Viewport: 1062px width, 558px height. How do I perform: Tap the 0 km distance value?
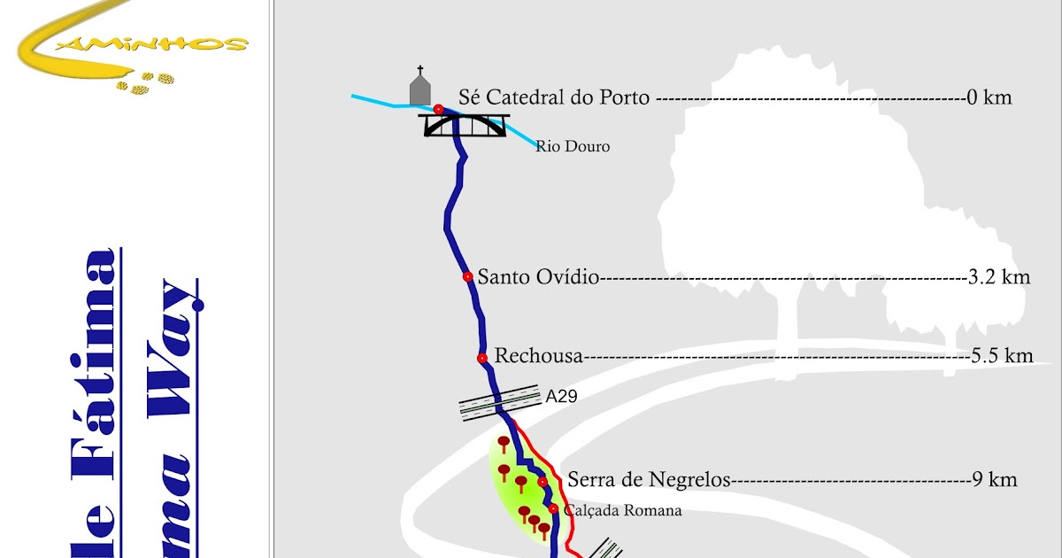tap(989, 97)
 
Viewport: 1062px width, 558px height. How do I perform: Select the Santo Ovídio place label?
tap(539, 277)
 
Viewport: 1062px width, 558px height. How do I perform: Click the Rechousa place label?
tap(539, 356)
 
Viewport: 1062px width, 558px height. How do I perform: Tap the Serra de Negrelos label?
tap(649, 480)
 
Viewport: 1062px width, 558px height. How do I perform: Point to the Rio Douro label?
tap(573, 146)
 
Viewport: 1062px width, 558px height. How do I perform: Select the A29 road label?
tap(561, 397)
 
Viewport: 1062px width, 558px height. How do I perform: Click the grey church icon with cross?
tap(420, 86)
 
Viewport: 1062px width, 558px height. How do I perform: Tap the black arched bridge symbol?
tap(464, 125)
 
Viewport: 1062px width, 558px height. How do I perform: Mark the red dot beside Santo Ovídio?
tap(467, 277)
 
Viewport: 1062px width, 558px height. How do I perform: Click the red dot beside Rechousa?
tap(482, 358)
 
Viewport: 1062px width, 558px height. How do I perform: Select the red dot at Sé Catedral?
tap(438, 109)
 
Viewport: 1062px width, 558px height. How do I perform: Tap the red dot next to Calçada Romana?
tap(553, 508)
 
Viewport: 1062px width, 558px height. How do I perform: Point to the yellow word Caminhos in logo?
tap(190, 42)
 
